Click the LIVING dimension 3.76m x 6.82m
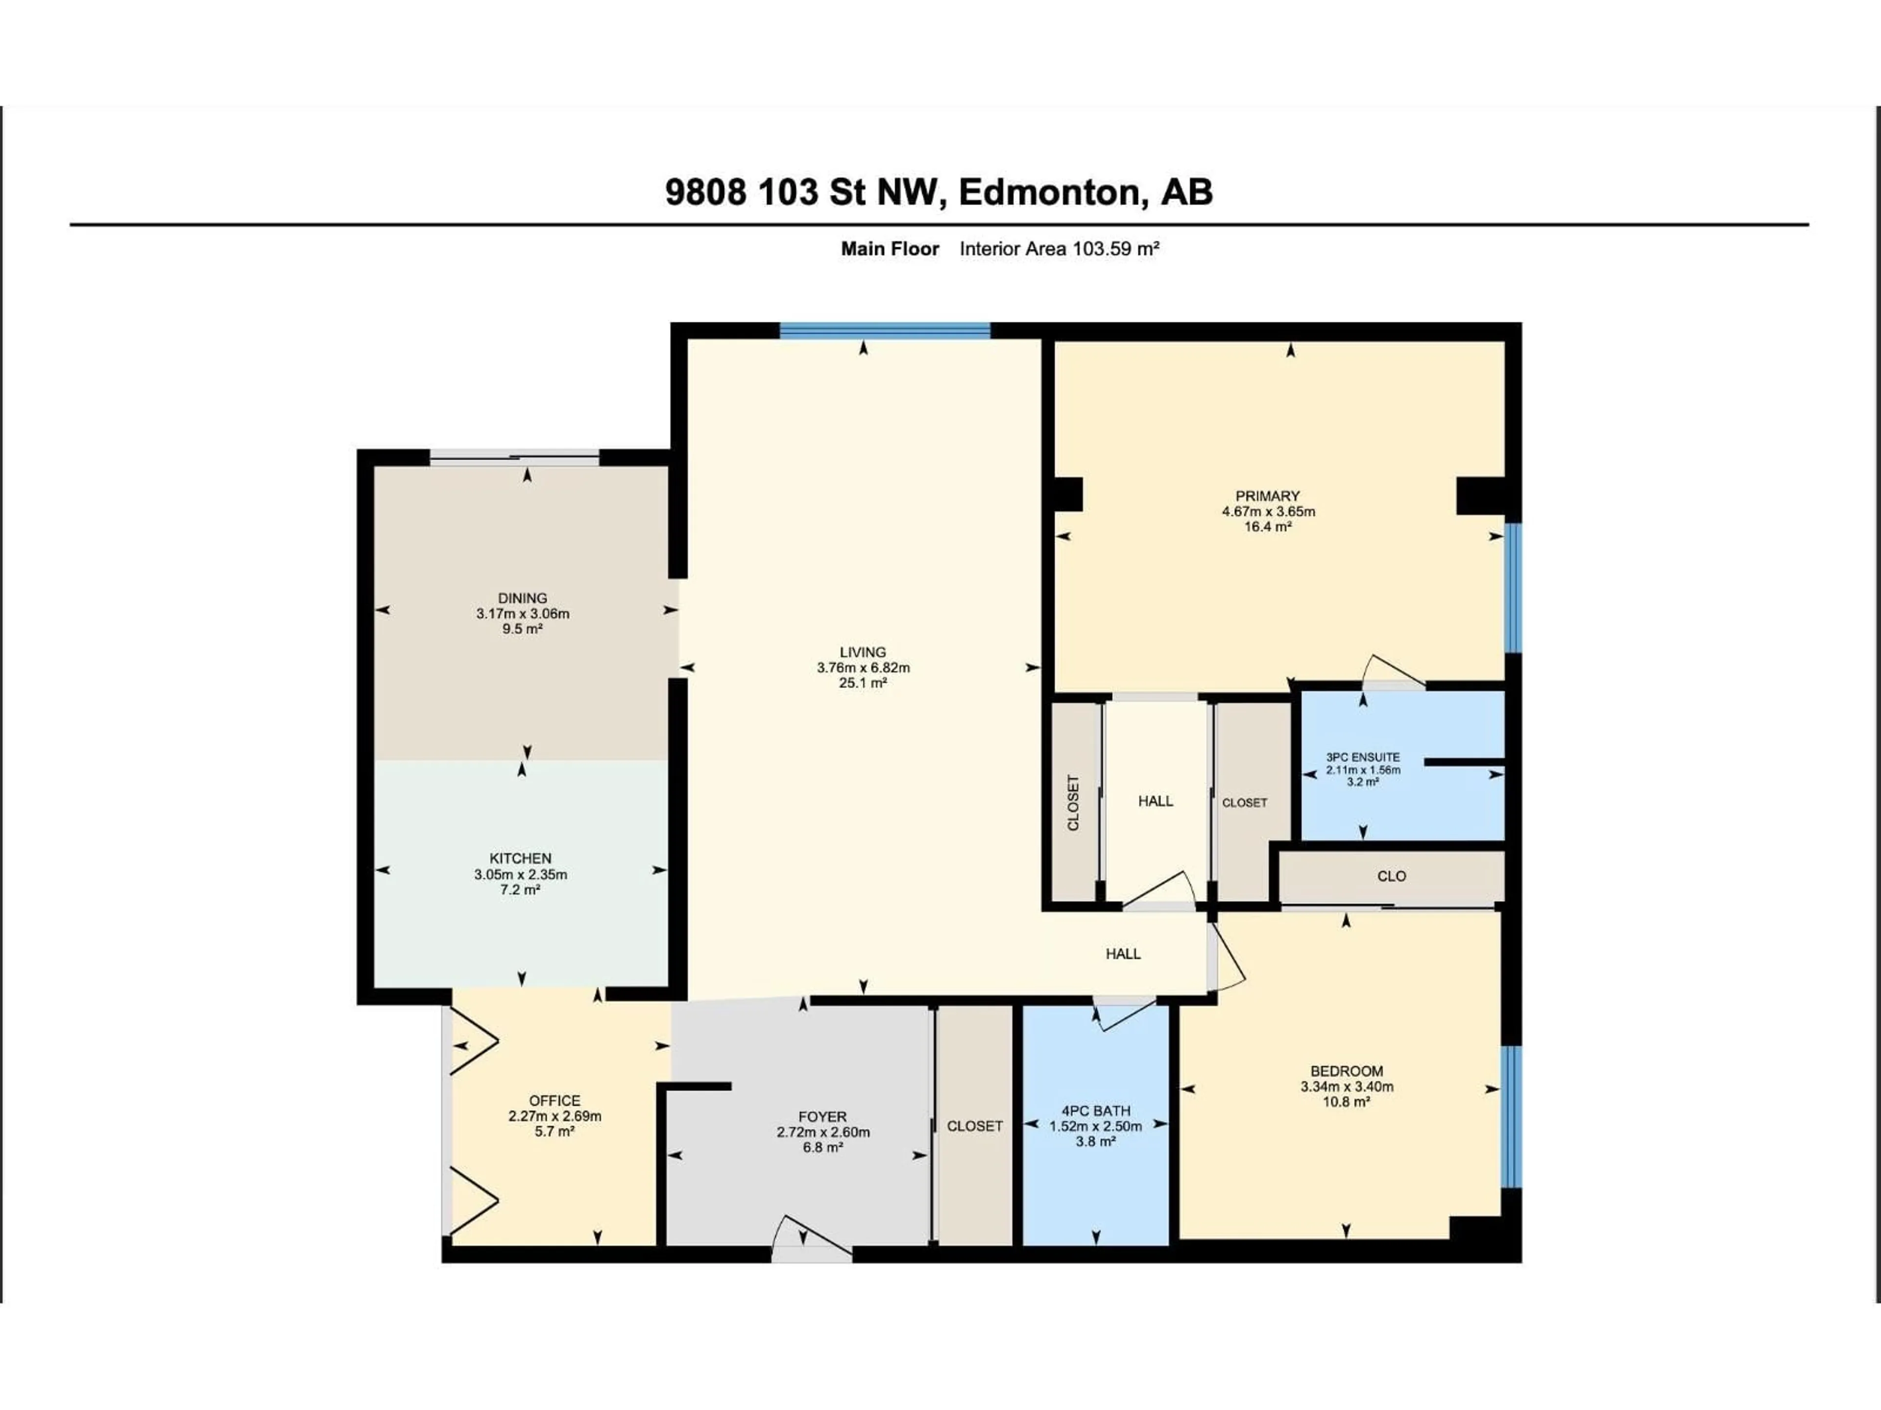tap(863, 668)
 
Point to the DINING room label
tap(522, 598)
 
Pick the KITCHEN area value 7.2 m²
tap(520, 890)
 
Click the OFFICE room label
tap(555, 1101)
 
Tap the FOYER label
tap(822, 1117)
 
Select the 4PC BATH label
tap(1095, 1111)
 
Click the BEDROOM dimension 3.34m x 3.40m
tap(1346, 1087)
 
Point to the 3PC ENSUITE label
tap(1362, 757)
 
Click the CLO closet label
tap(1391, 876)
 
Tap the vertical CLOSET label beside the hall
tap(1073, 802)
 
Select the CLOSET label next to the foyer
tap(974, 1126)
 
